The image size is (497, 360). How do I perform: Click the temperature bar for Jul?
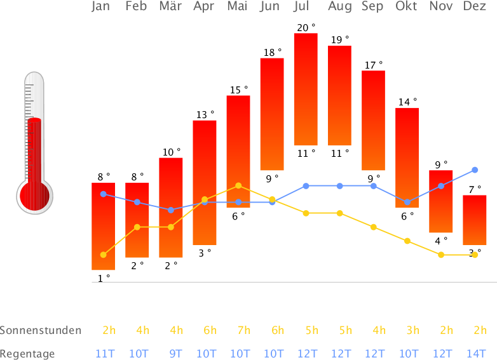[306, 89]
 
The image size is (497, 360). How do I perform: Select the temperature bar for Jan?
[103, 226]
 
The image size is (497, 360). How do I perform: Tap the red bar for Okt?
[407, 158]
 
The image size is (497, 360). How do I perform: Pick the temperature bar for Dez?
[475, 220]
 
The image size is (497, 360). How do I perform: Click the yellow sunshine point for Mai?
[238, 185]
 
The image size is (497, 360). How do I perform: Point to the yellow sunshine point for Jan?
[103, 255]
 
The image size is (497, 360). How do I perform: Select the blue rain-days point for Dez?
[475, 170]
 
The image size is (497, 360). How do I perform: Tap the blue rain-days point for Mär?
[171, 210]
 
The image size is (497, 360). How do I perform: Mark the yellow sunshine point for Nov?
[441, 255]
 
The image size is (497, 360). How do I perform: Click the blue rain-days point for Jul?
[306, 185]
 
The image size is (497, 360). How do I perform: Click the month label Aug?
[340, 7]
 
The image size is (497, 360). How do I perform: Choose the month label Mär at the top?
[170, 7]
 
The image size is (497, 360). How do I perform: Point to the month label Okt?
[407, 7]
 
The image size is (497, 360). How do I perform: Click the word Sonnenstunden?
[41, 330]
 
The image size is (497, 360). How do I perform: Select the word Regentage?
[27, 354]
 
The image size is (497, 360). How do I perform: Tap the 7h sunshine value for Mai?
[243, 330]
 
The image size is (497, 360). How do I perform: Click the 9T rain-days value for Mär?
[175, 354]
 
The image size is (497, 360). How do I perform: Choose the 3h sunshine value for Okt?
[412, 330]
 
